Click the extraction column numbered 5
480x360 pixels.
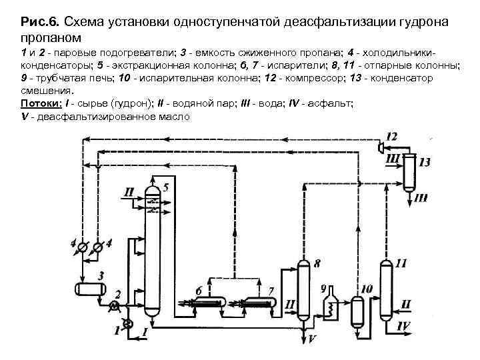pyautogui.click(x=153, y=253)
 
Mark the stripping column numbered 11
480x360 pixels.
pyautogui.click(x=385, y=290)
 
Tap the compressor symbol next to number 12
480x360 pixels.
pyautogui.click(x=381, y=147)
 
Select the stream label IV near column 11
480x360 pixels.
pyautogui.click(x=404, y=326)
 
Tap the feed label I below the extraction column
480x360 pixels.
pyautogui.click(x=145, y=331)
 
